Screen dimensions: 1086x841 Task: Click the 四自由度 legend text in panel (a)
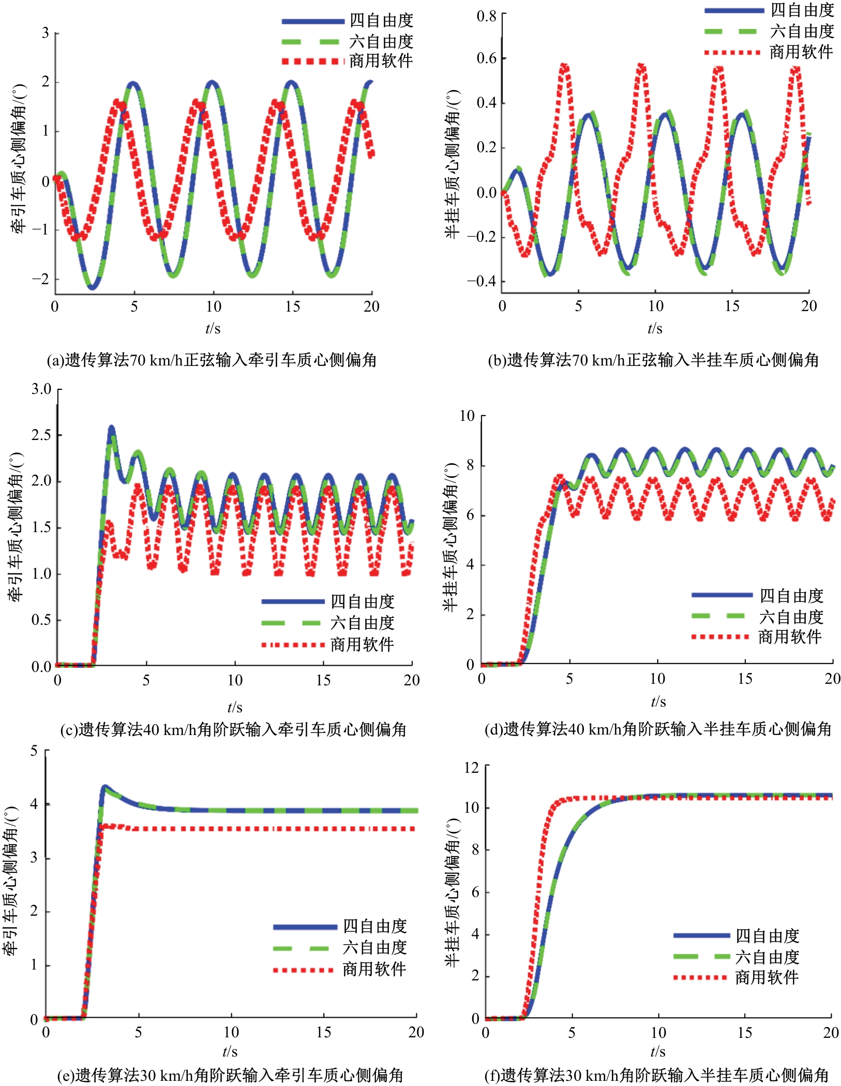click(x=381, y=21)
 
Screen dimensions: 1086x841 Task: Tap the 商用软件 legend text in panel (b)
click(x=801, y=52)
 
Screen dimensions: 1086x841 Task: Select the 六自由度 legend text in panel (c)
click(x=363, y=623)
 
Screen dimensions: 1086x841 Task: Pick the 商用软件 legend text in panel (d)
click(x=790, y=637)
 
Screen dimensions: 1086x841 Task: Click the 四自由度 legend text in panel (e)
click(x=375, y=926)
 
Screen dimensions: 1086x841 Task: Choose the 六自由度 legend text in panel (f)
click(x=768, y=957)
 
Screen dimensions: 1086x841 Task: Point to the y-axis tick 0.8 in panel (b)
click(x=486, y=17)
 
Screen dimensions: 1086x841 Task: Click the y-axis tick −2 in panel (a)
click(x=41, y=278)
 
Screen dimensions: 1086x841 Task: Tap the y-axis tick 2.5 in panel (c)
click(x=41, y=435)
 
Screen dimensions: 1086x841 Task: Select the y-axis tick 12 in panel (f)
click(x=471, y=767)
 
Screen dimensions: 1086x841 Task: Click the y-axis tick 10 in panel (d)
click(x=467, y=416)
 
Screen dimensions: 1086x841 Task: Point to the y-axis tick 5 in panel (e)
click(x=34, y=751)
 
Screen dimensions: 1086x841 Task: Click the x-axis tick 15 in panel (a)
click(x=292, y=306)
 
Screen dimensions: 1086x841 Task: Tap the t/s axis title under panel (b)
click(x=655, y=328)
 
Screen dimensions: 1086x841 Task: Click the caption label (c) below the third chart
click(x=69, y=730)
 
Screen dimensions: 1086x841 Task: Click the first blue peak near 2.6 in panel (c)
click(x=111, y=428)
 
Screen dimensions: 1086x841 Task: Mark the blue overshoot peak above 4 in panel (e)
click(x=105, y=787)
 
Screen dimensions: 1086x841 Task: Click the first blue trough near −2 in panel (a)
click(x=92, y=288)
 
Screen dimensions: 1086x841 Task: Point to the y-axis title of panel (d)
click(x=452, y=538)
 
